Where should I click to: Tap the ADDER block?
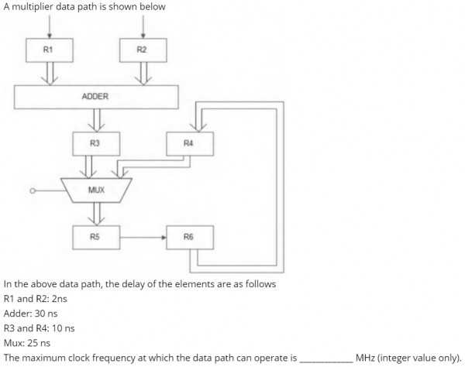(x=96, y=97)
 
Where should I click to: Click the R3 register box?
(x=95, y=143)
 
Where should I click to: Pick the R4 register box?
(x=188, y=143)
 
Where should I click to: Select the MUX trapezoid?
(x=96, y=190)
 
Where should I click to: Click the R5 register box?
(x=95, y=237)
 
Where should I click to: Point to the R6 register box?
(x=188, y=237)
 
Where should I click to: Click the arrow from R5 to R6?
(x=143, y=237)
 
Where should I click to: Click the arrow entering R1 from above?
(x=50, y=27)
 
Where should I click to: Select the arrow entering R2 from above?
(x=142, y=27)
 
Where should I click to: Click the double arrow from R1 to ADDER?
(x=50, y=74)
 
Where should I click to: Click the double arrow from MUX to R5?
(x=95, y=213)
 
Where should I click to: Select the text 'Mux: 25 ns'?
(x=27, y=342)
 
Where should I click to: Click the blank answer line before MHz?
(x=325, y=358)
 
